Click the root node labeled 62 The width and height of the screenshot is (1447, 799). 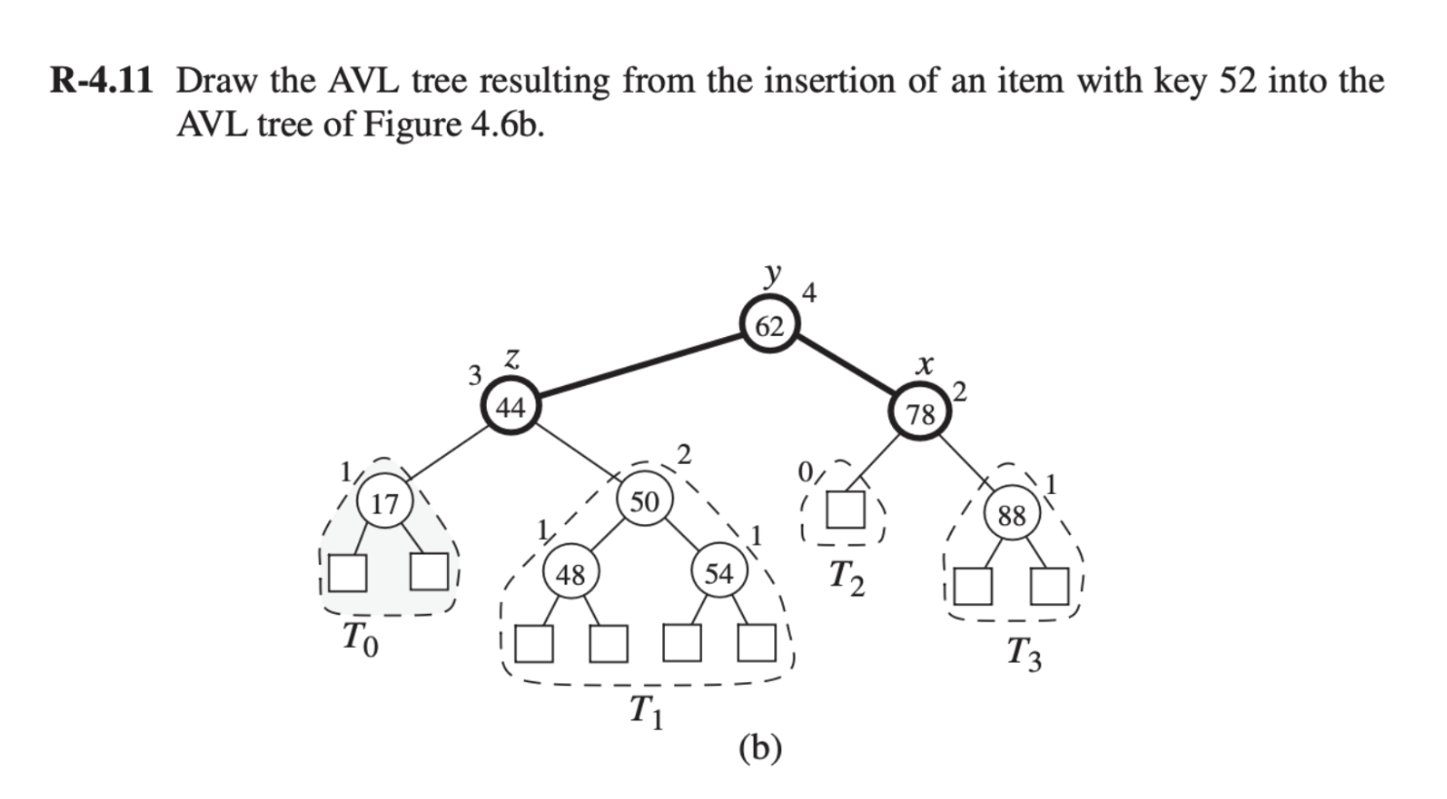(x=769, y=326)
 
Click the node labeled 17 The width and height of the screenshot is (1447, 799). (x=386, y=504)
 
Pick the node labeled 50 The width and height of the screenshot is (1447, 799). (x=644, y=502)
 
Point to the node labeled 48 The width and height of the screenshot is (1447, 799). (x=570, y=575)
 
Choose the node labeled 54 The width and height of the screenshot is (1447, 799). (x=719, y=574)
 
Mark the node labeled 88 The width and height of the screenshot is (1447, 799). (x=1012, y=514)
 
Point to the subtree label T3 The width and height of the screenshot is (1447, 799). (x=1023, y=652)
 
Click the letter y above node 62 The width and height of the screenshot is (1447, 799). (x=773, y=275)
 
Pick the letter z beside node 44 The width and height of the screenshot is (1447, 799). (x=512, y=359)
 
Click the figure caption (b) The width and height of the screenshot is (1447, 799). (x=760, y=747)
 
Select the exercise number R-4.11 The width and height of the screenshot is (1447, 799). (x=102, y=81)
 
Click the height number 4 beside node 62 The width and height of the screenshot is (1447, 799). (x=809, y=291)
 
